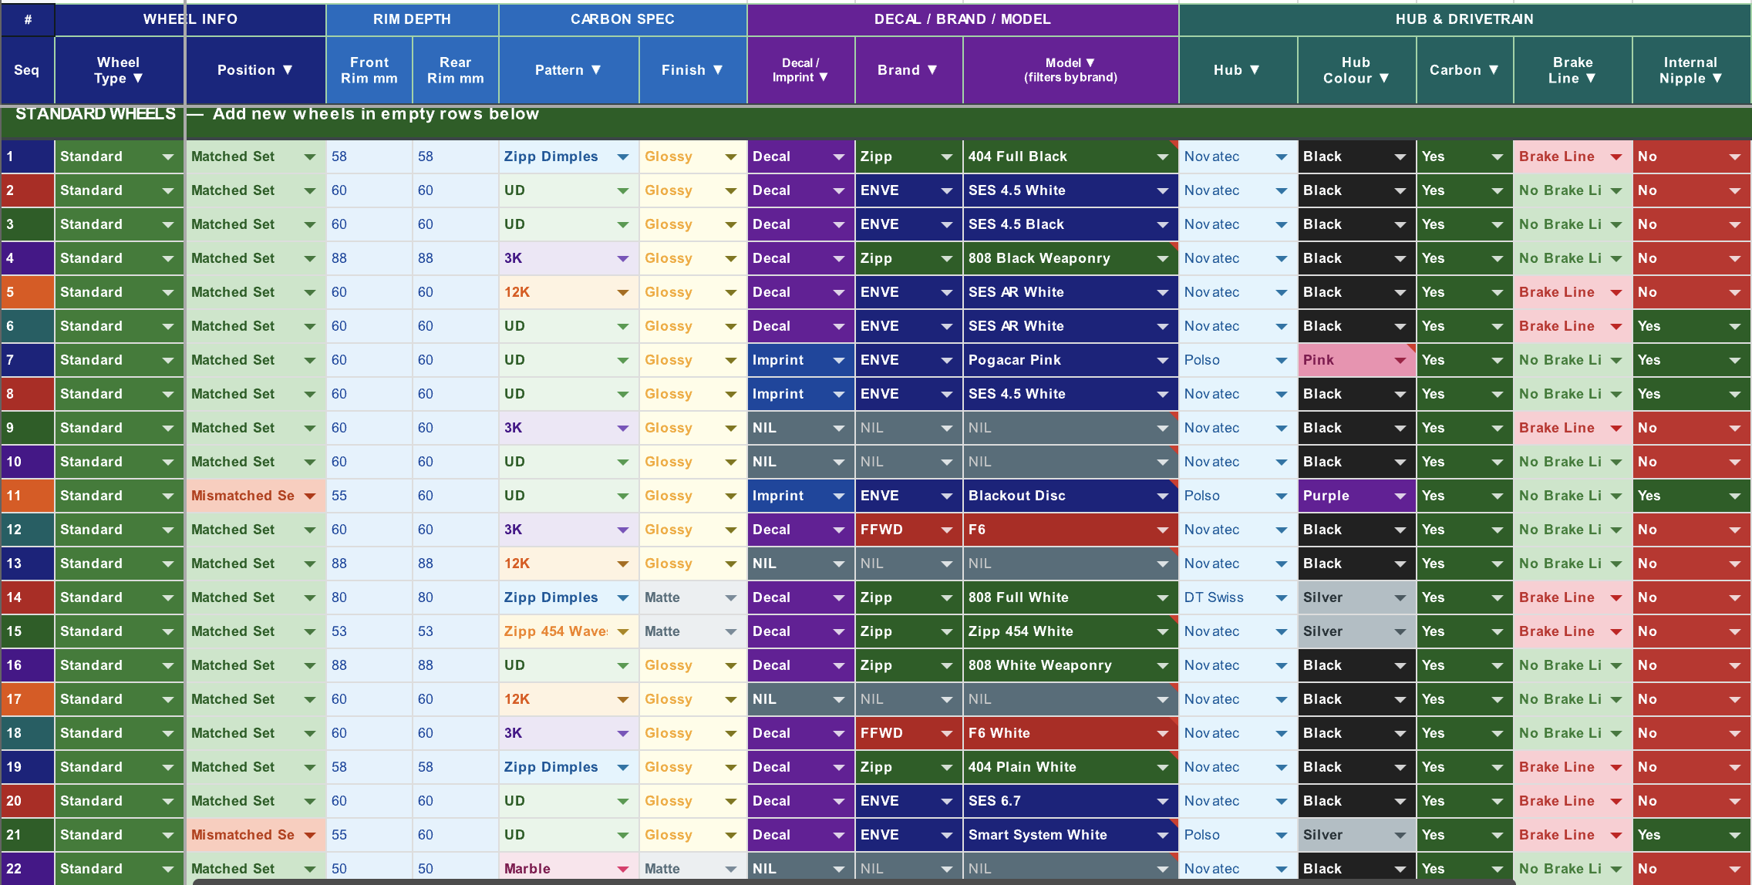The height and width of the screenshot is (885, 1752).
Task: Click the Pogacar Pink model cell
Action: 1070,360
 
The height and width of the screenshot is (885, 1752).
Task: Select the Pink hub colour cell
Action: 1356,360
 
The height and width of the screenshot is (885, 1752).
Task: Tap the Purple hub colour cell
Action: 1356,496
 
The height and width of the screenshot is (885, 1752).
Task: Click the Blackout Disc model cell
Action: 1070,496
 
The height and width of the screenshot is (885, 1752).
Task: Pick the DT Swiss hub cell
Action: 1238,597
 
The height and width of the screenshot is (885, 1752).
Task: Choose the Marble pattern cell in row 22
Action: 568,869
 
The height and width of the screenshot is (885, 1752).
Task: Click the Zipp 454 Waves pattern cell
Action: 568,631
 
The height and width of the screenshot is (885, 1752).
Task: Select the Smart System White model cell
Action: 1070,835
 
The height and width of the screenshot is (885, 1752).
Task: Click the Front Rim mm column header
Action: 369,70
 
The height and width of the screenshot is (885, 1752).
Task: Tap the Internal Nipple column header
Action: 1691,70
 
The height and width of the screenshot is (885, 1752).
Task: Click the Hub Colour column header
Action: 1356,70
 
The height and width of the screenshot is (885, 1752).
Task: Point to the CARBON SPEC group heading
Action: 622,19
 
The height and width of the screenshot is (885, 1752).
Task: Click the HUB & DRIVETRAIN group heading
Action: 1464,19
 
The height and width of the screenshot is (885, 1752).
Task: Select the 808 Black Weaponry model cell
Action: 1070,258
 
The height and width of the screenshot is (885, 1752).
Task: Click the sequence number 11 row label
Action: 27,496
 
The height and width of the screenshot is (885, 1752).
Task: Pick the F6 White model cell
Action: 1070,733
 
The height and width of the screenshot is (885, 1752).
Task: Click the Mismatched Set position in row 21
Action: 255,835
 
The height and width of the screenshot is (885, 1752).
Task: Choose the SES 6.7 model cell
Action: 1070,801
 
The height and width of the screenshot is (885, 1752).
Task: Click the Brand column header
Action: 908,70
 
